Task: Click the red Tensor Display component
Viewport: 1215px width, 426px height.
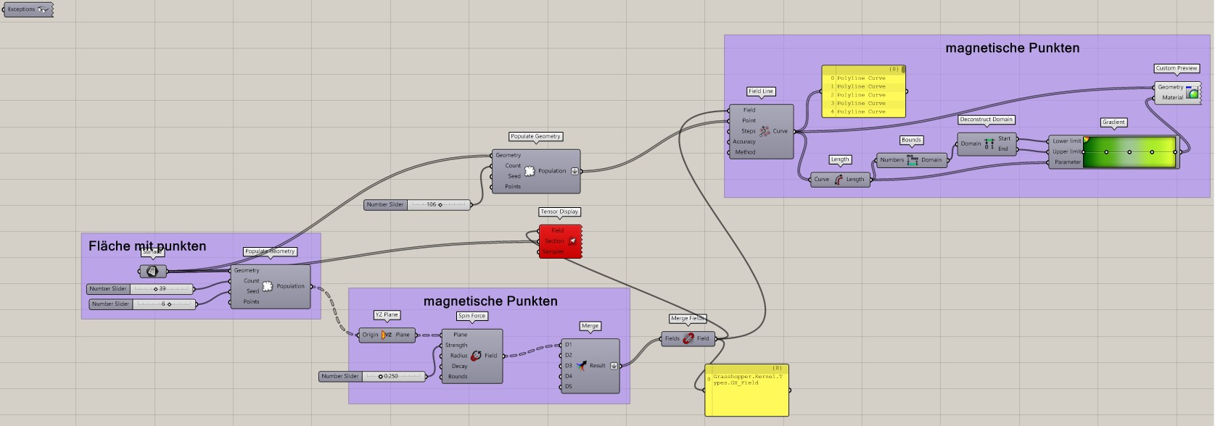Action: pos(560,241)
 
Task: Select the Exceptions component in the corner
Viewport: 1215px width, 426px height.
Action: pos(28,9)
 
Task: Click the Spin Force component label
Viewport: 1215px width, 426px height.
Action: pos(471,316)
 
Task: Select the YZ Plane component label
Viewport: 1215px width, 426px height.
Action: pos(387,315)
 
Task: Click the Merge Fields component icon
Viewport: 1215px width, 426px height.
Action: pos(688,338)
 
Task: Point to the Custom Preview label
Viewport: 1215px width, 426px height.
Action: pos(1177,68)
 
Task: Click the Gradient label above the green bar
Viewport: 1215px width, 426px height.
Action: pos(1113,122)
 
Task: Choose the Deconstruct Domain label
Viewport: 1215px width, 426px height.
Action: pos(986,120)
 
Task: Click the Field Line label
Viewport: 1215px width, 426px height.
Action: pos(761,91)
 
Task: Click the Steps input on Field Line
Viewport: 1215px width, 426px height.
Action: pos(748,131)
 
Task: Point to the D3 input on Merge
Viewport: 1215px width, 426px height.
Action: pos(569,366)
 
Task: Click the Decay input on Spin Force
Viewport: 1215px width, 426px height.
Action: pos(459,367)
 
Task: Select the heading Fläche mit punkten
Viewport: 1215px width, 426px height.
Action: pos(147,246)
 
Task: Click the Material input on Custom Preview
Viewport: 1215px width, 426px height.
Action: pos(1172,97)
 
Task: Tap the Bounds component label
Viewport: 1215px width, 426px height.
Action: pos(911,140)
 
